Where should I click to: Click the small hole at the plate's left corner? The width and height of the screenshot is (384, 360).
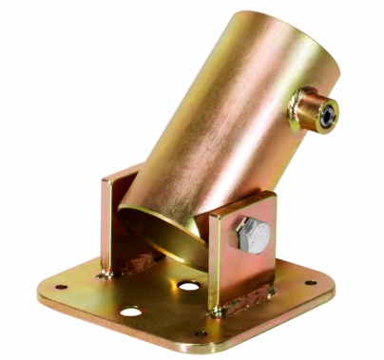tap(59, 286)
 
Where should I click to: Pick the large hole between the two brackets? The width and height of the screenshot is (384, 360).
tap(189, 286)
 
